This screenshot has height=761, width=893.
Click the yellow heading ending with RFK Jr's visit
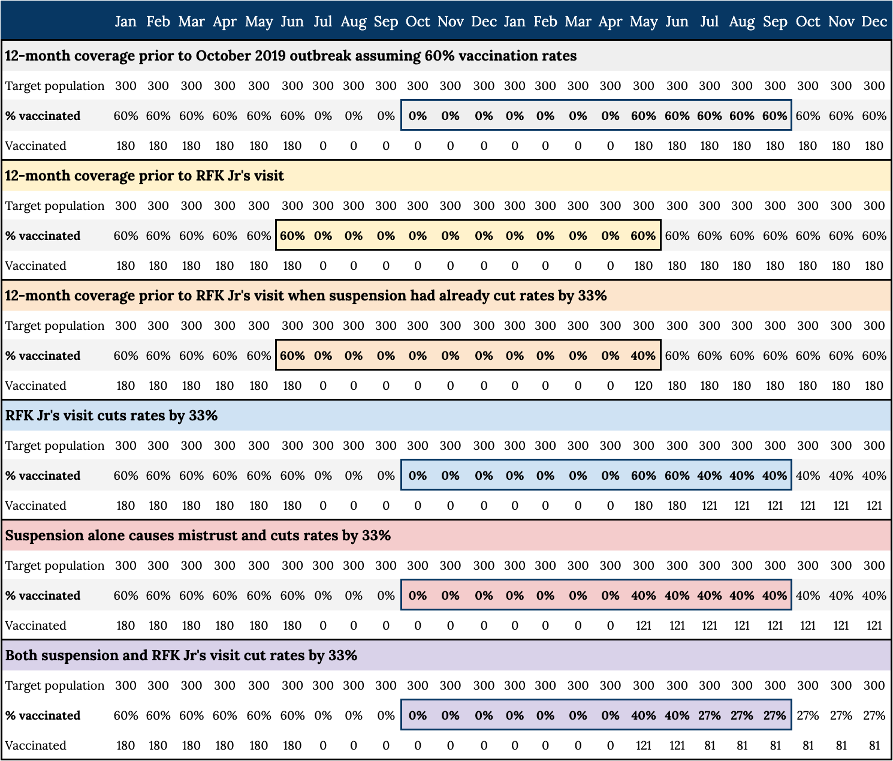144,176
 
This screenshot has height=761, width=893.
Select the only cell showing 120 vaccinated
643,386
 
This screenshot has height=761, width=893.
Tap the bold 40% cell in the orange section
643,356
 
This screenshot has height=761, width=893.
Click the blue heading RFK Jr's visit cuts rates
111,416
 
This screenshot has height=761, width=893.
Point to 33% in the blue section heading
203,416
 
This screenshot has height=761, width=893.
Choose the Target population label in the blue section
55,446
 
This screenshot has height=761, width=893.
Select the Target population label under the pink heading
55,566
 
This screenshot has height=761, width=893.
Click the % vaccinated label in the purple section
43,715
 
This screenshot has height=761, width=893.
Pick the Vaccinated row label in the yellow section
35,266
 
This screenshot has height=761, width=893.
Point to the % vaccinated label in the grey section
43,116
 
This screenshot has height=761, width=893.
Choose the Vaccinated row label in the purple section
35,745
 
